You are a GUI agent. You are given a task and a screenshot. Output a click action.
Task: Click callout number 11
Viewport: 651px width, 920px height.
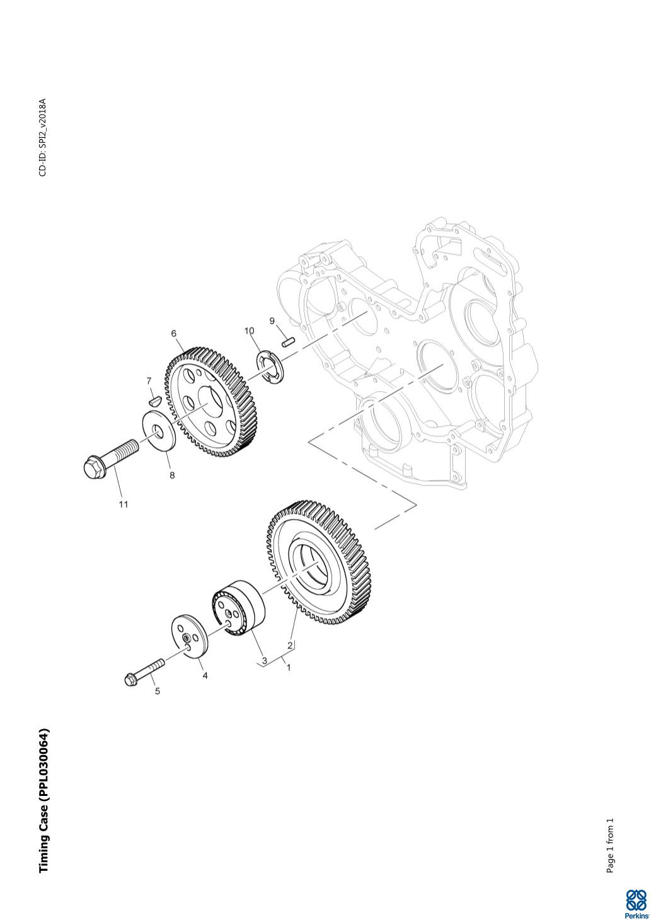[x=124, y=504]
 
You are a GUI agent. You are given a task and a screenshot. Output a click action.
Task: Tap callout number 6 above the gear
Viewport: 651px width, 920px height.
[x=173, y=333]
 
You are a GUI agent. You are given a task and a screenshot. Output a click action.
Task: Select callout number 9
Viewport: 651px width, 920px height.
[x=272, y=321]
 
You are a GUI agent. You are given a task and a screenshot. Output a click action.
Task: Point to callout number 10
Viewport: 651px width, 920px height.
[x=249, y=331]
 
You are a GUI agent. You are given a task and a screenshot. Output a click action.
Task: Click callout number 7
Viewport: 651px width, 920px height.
[x=149, y=381]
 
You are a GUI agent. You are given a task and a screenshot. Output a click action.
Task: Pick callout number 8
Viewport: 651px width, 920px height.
[x=172, y=475]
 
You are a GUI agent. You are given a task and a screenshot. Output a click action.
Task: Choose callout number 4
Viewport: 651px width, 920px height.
[x=205, y=675]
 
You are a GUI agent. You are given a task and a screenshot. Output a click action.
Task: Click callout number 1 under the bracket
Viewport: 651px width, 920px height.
[x=289, y=667]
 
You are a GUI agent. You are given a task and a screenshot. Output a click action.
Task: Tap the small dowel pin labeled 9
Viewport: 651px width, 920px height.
[x=289, y=341]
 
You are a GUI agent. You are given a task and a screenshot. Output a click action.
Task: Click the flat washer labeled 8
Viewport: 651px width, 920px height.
[x=159, y=431]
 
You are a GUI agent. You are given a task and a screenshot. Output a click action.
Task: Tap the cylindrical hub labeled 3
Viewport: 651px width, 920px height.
[x=238, y=608]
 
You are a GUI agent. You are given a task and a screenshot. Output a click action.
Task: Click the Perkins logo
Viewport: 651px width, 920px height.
[x=636, y=904]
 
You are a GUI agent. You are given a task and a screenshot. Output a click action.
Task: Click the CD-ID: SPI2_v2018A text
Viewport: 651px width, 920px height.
[x=43, y=137]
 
